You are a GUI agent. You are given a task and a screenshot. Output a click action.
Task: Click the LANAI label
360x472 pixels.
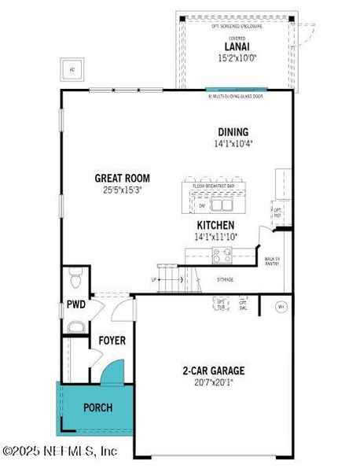pos(233,46)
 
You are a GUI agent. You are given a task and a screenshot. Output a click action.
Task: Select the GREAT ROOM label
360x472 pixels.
pos(122,179)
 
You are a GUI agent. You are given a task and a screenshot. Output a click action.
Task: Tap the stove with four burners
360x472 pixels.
pos(222,254)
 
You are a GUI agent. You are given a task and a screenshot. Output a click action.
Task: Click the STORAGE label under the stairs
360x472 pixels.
pos(224,279)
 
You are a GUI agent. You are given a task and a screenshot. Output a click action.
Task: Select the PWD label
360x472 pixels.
pos(75,304)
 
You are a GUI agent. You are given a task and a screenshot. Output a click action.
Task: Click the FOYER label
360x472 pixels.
pos(112,341)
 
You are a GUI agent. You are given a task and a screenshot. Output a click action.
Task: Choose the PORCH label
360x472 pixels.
pos(98,407)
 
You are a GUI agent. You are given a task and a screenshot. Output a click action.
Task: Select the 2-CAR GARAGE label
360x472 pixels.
pos(213,371)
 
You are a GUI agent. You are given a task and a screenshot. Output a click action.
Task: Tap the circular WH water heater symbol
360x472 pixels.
pos(281,307)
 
